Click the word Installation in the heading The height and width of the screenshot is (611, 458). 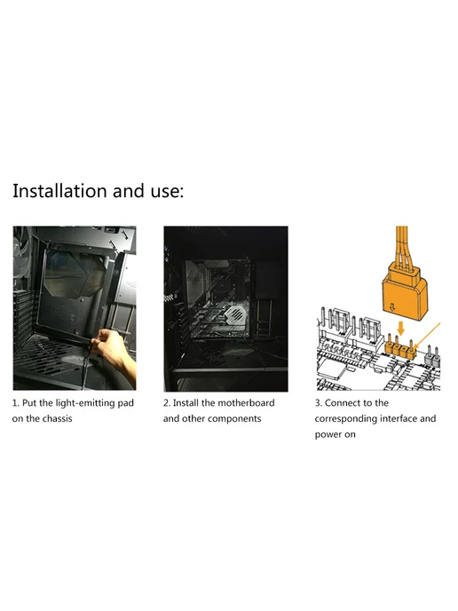coord(59,191)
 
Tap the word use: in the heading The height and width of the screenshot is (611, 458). coord(167,192)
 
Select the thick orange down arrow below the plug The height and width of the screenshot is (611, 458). coord(400,328)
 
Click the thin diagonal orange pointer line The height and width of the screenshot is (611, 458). coord(427,336)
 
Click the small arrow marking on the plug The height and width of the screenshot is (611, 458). coord(393,308)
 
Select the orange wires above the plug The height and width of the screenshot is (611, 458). coord(402,244)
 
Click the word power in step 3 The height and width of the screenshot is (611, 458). coord(328,435)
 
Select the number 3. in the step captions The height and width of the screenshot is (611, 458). coord(318,403)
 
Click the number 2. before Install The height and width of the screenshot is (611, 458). coord(167,403)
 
